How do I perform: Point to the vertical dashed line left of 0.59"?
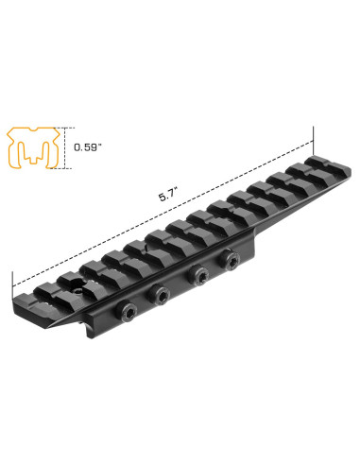[67, 146]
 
